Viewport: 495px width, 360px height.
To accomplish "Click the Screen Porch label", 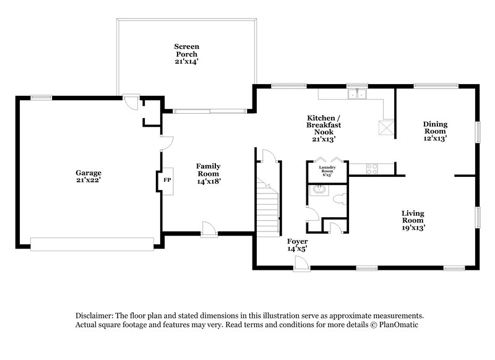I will [x=186, y=54].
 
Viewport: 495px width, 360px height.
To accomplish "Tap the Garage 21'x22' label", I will [x=88, y=177].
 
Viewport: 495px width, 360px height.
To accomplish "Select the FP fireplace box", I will [x=166, y=181].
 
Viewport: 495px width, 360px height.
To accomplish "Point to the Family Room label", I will [x=209, y=173].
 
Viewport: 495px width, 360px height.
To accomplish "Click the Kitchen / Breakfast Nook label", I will [x=324, y=128].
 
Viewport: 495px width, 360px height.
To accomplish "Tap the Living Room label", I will [x=413, y=220].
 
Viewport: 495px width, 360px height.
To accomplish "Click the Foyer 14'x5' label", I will [x=297, y=244].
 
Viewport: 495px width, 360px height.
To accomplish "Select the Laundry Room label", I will [x=327, y=170].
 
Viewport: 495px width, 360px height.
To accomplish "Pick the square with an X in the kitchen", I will [x=387, y=127].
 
